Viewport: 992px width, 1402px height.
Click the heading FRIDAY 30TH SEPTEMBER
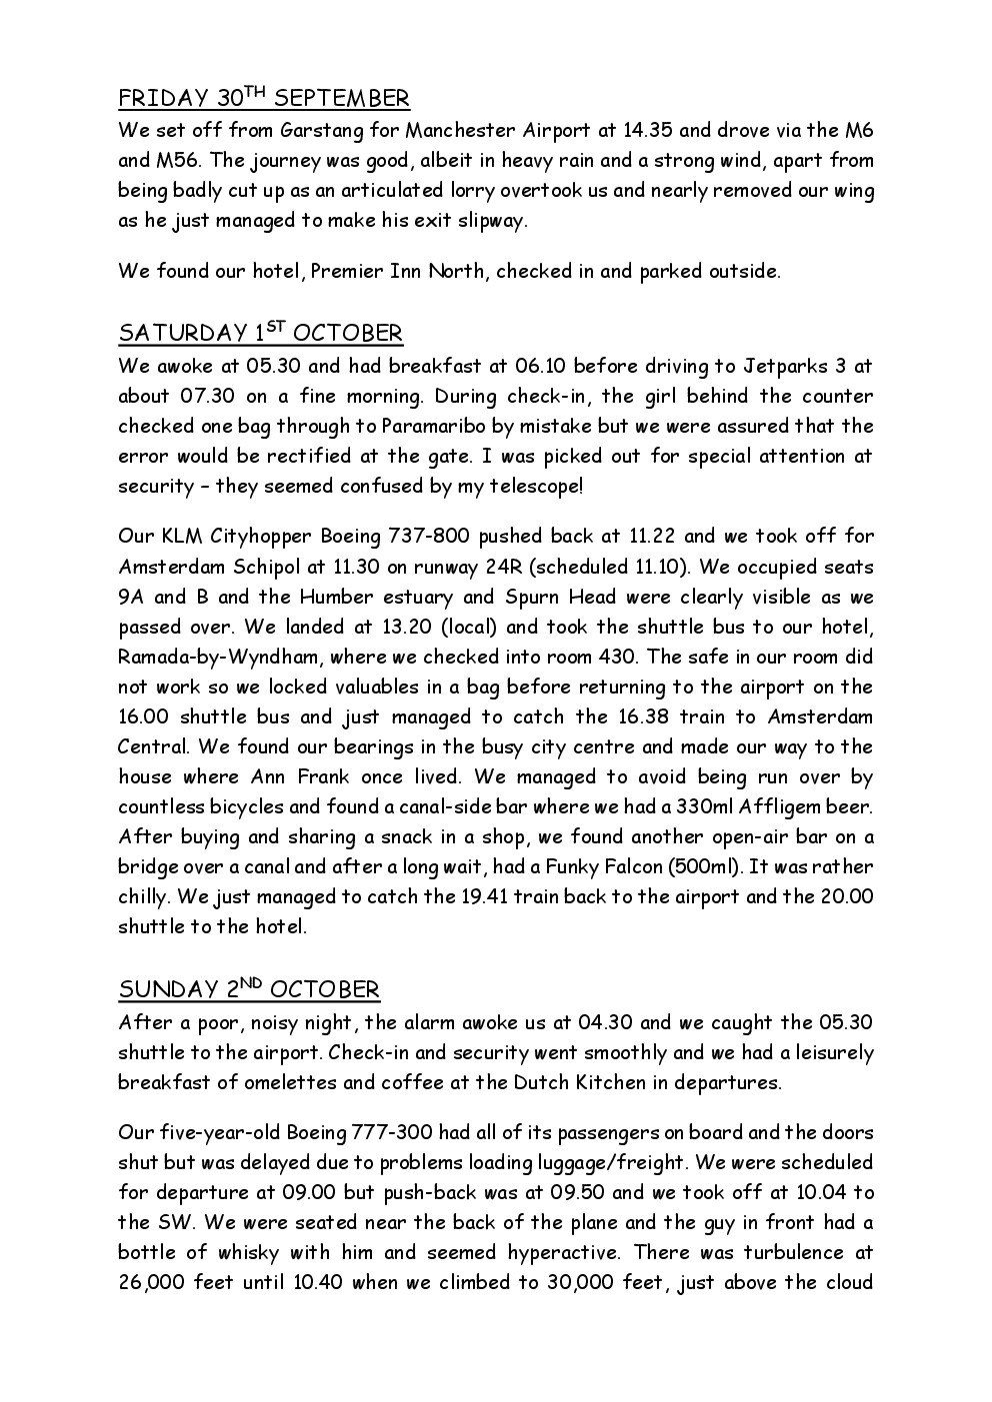click(264, 98)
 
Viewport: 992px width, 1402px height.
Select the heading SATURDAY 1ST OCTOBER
click(260, 333)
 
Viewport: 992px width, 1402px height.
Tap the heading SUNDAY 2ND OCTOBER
click(249, 989)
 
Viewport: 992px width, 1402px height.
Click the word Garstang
click(322, 130)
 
